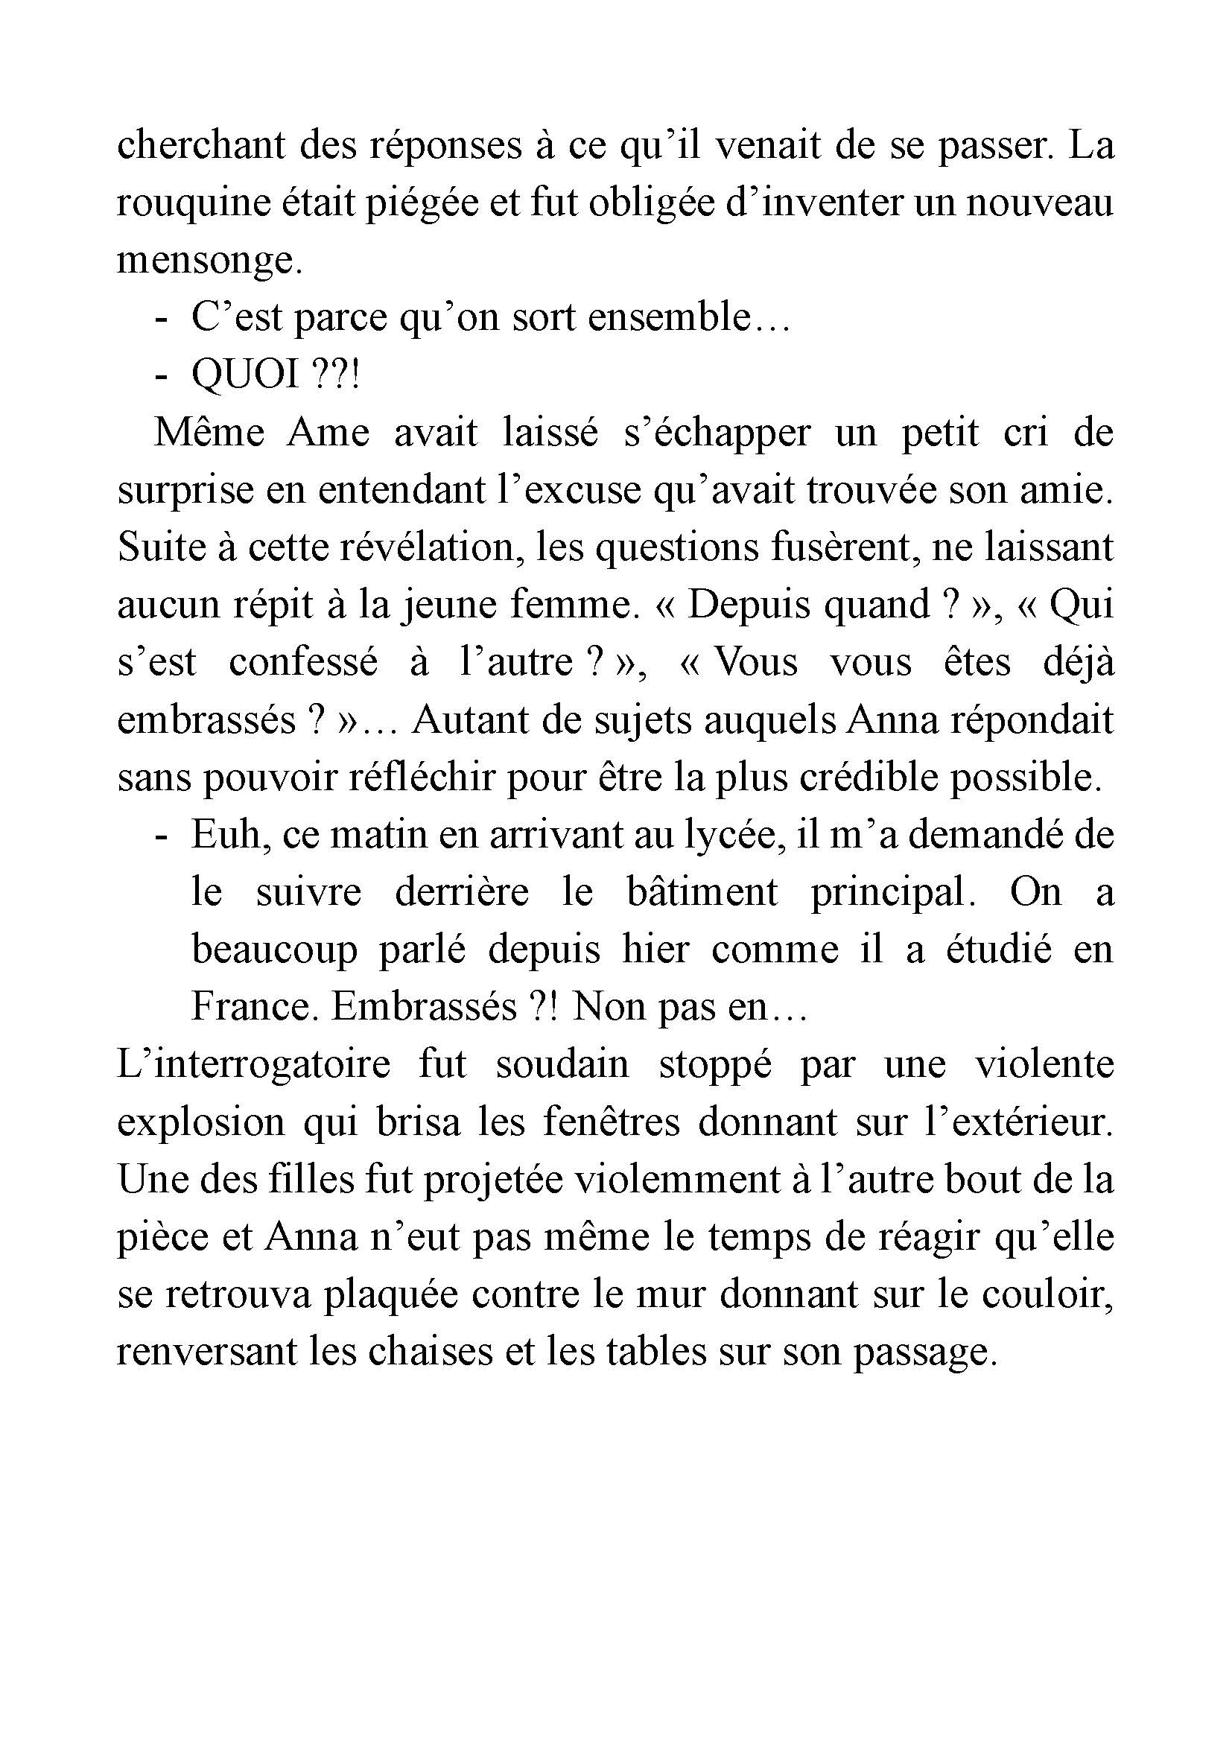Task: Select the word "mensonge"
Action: (204, 261)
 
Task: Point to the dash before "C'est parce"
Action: (160, 319)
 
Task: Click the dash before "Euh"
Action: (160, 836)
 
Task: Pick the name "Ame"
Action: (328, 433)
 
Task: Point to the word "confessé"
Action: (302, 663)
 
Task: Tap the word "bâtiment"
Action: (702, 893)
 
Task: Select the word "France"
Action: (251, 1008)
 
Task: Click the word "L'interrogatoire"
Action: (253, 1065)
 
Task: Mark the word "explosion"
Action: (201, 1124)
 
